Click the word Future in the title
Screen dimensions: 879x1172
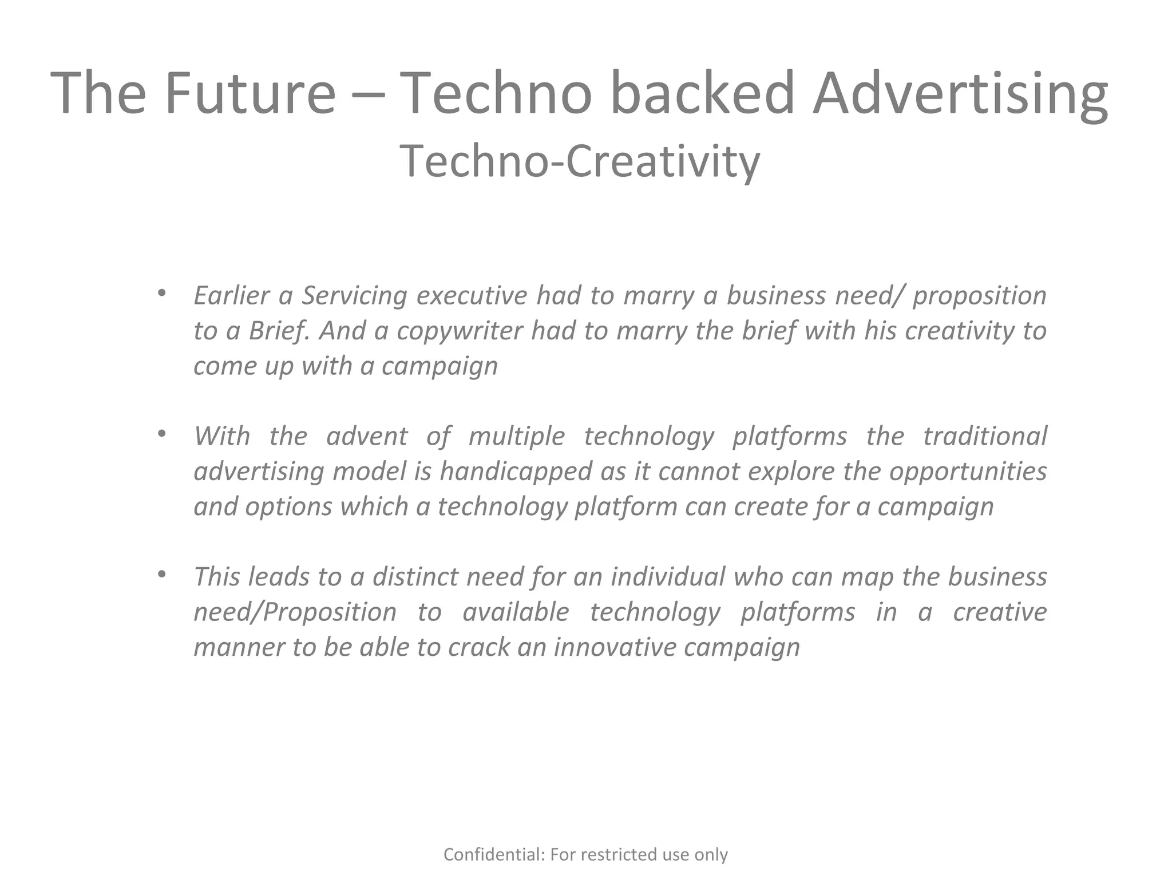250,93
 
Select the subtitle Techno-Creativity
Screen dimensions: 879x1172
579,161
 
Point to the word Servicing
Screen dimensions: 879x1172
354,296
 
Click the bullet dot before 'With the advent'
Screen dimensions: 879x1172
162,434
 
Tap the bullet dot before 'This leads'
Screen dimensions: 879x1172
162,574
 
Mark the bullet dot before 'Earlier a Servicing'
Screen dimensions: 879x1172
162,294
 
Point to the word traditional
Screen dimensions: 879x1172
985,436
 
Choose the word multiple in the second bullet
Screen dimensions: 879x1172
516,437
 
